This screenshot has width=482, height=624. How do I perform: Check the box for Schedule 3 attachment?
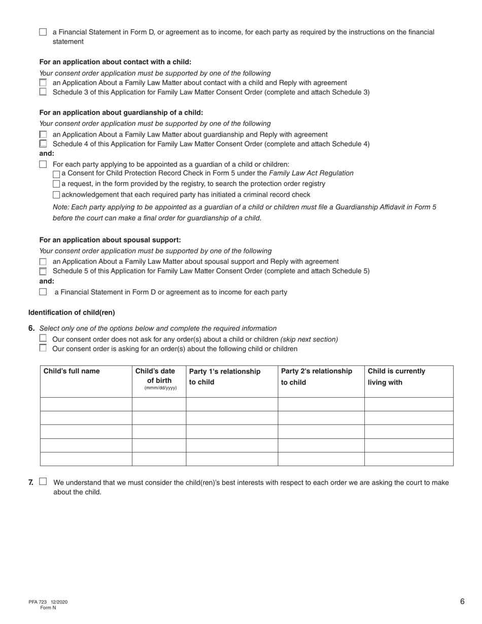[x=43, y=92]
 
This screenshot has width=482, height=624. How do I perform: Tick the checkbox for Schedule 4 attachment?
[x=43, y=144]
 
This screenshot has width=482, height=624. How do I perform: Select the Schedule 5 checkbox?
[x=43, y=271]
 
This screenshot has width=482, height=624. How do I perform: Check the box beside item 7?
[x=43, y=482]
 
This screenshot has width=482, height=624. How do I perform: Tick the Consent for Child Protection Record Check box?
[x=56, y=174]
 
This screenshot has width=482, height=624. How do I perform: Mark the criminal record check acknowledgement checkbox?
[x=56, y=195]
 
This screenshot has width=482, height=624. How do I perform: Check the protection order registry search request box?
[x=56, y=184]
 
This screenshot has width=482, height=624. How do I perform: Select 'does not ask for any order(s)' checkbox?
[x=43, y=338]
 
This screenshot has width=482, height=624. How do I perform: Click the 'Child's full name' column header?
[x=72, y=371]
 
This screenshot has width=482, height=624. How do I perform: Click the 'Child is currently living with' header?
[x=396, y=377]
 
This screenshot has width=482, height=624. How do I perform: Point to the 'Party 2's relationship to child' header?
[x=317, y=377]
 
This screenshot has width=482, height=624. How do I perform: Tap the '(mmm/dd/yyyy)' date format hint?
[x=160, y=388]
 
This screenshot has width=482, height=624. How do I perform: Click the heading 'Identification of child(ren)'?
[x=72, y=313]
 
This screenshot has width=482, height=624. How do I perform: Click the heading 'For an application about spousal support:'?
[x=110, y=240]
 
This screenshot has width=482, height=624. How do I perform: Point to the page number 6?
[x=462, y=602]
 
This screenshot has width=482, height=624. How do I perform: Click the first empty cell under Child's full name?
[x=86, y=404]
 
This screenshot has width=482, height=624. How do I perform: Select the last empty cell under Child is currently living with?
[x=408, y=459]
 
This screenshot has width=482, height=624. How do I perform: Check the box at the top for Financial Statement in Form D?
[x=43, y=32]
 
